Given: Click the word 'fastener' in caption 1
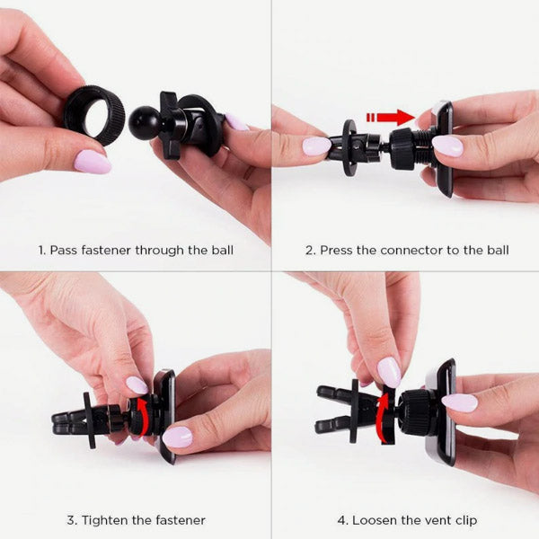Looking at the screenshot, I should click(108, 250).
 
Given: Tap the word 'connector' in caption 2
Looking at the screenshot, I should click(401, 250).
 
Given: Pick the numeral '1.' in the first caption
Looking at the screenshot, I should click(41, 250).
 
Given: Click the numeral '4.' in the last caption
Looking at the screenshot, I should click(342, 519).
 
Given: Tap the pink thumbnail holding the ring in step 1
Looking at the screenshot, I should click(93, 162).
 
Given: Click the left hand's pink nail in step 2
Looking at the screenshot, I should click(316, 146).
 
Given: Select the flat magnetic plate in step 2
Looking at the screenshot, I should click(444, 148).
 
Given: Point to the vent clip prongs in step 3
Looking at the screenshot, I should click(72, 421).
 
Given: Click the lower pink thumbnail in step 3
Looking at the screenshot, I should click(177, 437).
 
